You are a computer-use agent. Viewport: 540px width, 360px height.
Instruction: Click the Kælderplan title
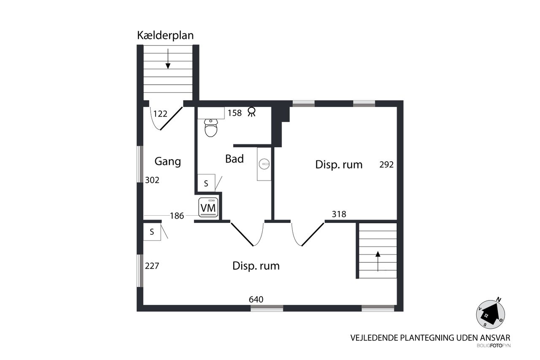click(165, 36)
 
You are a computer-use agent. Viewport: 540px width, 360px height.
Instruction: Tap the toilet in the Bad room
click(211, 127)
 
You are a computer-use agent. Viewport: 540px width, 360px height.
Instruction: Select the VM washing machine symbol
click(208, 207)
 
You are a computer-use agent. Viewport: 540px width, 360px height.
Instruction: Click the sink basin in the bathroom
click(264, 164)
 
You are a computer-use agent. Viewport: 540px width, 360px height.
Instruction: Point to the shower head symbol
click(252, 112)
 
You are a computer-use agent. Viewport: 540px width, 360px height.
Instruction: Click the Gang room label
click(167, 161)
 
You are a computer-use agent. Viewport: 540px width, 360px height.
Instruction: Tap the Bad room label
click(234, 159)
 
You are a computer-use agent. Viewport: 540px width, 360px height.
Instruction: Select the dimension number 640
click(256, 300)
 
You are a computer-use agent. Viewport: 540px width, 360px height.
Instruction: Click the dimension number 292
click(386, 165)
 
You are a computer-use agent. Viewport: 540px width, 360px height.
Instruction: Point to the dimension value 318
click(339, 214)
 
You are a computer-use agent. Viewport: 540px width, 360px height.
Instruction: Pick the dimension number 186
click(177, 216)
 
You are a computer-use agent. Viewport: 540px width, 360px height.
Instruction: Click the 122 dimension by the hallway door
click(160, 114)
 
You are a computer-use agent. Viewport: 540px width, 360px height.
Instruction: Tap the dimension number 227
click(152, 266)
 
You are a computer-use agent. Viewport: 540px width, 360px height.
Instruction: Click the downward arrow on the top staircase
click(168, 59)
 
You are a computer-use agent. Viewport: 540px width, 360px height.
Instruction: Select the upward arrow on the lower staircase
click(378, 261)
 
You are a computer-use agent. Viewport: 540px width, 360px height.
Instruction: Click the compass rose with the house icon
click(490, 314)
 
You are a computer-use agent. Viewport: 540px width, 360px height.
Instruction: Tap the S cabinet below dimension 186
click(152, 232)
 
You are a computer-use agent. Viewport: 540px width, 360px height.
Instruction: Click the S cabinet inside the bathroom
click(206, 183)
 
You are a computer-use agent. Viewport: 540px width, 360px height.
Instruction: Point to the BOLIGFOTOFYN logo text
click(494, 346)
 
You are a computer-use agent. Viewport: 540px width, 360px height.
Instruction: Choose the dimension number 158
click(235, 113)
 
